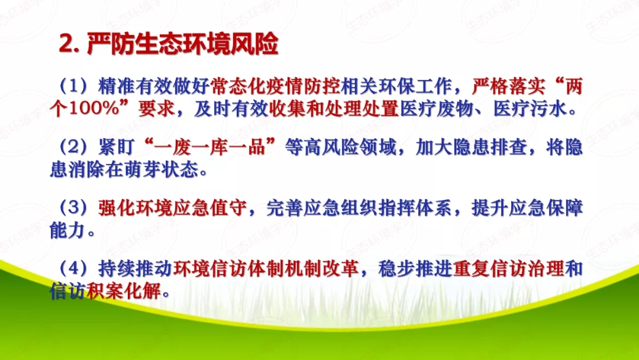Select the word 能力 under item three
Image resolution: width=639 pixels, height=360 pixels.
click(x=66, y=232)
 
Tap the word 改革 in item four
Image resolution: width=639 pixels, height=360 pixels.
click(x=343, y=269)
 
